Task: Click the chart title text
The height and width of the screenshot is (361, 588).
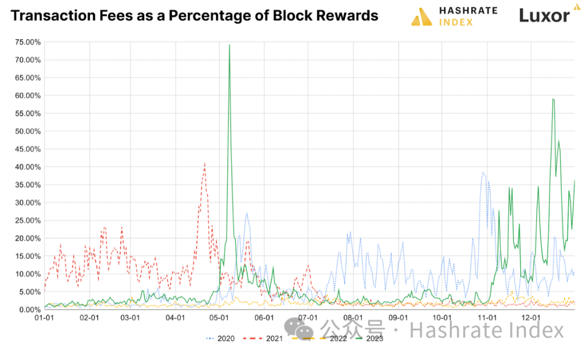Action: (194, 16)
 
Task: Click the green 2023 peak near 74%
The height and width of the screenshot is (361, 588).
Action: (229, 45)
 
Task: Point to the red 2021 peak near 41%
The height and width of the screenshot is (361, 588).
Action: (205, 163)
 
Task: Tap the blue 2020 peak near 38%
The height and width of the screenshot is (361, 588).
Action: (482, 172)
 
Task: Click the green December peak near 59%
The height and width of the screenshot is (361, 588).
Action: (553, 99)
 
